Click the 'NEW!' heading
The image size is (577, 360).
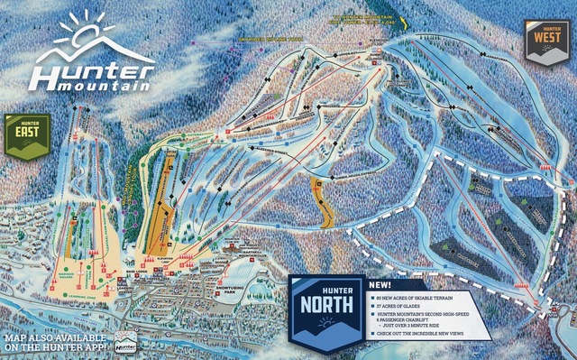380,283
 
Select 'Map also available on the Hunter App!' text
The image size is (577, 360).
50,344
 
